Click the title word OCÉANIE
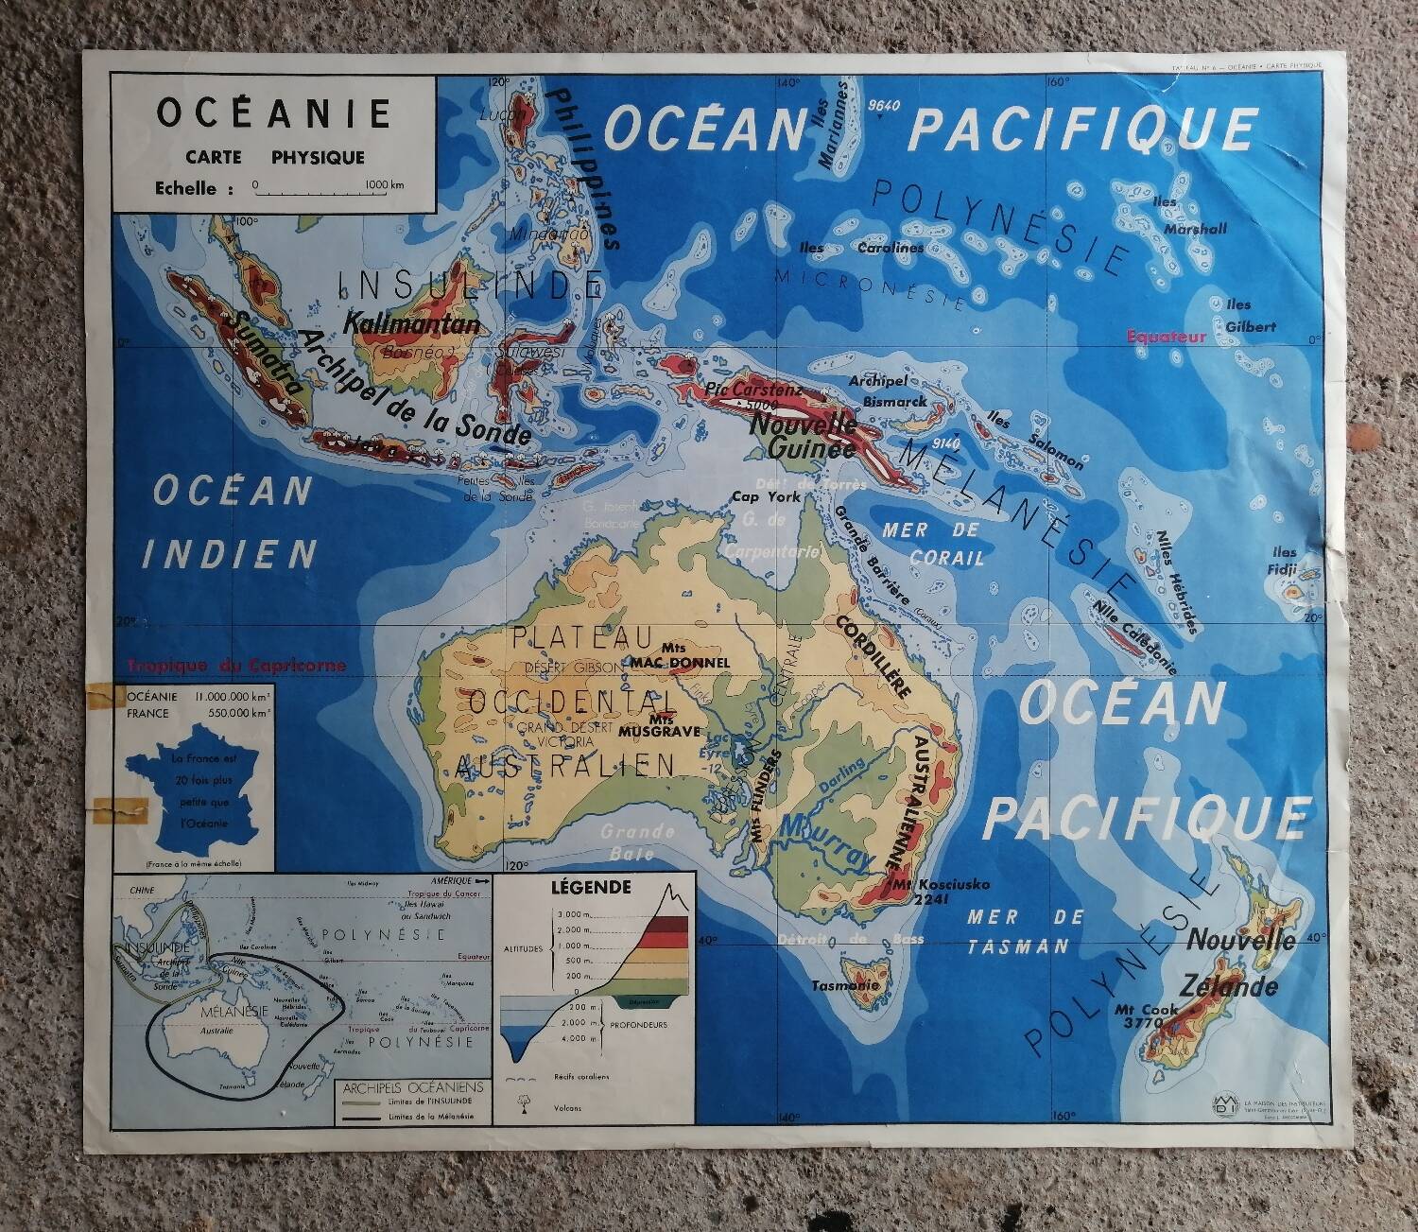(273, 113)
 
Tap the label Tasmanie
(845, 985)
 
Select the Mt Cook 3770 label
(1147, 1015)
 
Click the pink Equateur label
(1167, 336)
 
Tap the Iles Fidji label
(1285, 561)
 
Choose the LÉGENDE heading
(591, 888)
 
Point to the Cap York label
(766, 496)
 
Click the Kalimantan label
(412, 323)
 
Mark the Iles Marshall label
(1194, 216)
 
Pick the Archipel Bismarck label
(889, 390)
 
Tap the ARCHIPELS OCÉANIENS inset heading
(413, 1088)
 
